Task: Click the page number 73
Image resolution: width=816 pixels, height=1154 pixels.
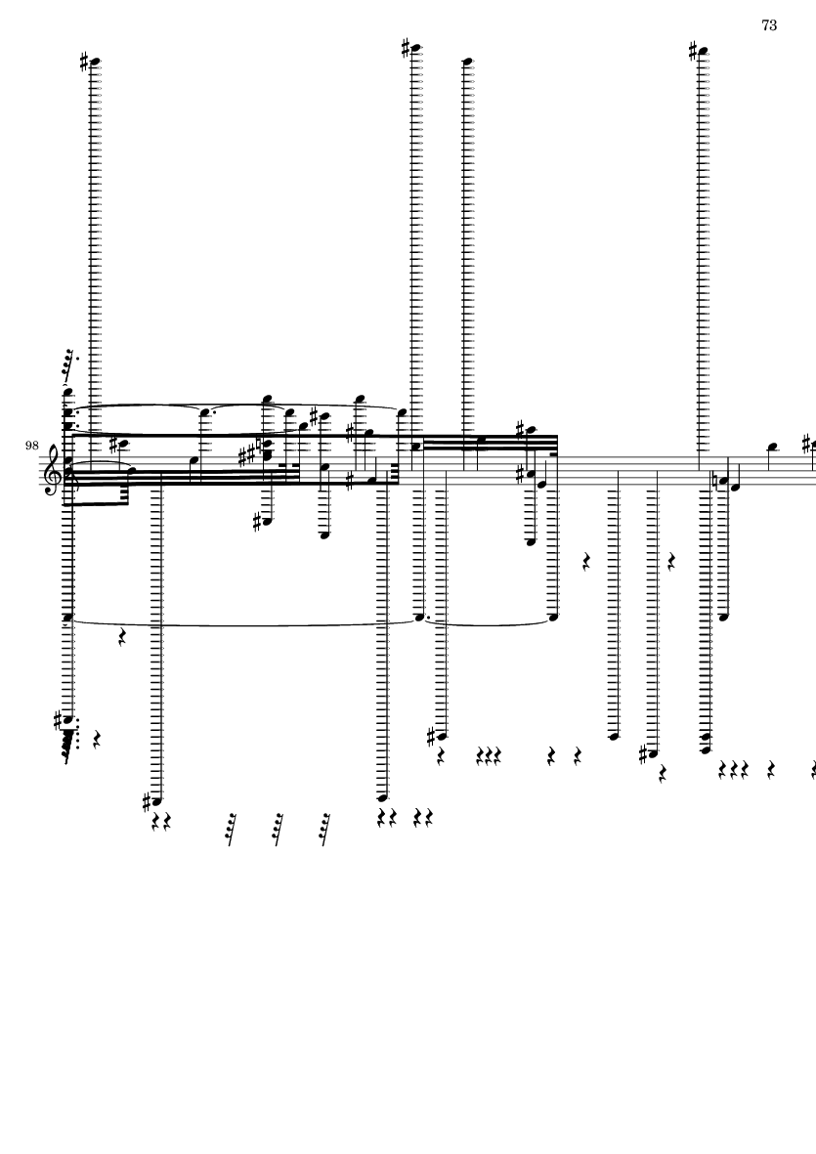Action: tap(769, 25)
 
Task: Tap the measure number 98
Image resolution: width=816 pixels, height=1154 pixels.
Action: tap(31, 446)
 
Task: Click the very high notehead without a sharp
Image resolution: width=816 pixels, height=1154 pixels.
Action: tap(467, 62)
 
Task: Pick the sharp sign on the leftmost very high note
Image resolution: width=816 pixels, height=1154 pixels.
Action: tap(85, 63)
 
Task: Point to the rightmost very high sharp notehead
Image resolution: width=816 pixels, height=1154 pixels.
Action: tap(703, 52)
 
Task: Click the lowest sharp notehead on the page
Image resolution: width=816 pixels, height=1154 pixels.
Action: tap(156, 800)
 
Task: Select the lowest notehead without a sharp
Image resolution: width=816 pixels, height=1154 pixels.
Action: tap(382, 797)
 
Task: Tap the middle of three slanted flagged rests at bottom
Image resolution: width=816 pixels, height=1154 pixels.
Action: tap(277, 830)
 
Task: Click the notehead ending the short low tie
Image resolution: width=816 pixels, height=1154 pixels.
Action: tap(553, 617)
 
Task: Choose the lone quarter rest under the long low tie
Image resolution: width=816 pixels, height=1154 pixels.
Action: tap(123, 637)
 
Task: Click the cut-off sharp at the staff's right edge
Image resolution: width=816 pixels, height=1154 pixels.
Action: tap(811, 444)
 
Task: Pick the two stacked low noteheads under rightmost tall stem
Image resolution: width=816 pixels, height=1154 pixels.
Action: tap(706, 743)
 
